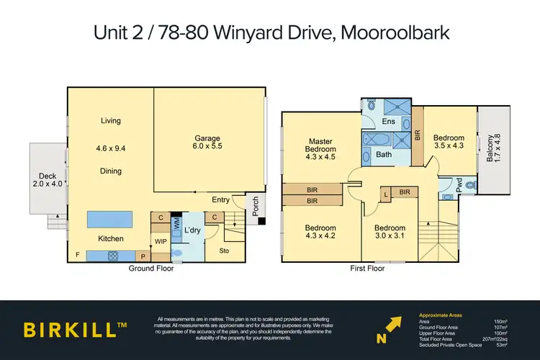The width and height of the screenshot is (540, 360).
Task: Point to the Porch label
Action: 254,207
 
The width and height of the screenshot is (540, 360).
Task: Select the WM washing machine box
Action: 176,225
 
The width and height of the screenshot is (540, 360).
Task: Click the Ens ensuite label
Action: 388,122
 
